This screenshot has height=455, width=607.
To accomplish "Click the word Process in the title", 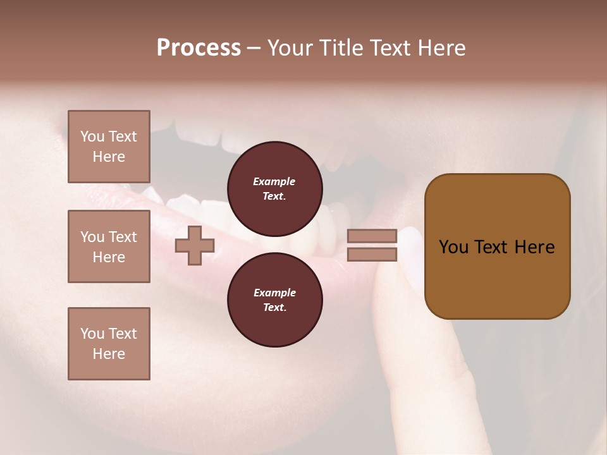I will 199,48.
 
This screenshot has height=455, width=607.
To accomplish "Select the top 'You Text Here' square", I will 109,147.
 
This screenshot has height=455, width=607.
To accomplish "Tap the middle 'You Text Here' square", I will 109,246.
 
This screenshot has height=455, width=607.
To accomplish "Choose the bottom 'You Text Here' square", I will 109,344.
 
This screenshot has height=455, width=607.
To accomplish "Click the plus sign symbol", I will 195,246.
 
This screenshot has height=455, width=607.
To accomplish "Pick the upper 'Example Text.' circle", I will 274,189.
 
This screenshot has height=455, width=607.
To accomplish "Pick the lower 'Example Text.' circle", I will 274,300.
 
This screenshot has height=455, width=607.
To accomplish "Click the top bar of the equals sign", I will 372,236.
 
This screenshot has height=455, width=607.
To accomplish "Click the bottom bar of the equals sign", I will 372,255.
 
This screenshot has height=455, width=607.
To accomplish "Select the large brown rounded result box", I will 497,246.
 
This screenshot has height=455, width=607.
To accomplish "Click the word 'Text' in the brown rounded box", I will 492,247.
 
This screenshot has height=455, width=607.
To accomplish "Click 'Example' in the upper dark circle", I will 274,181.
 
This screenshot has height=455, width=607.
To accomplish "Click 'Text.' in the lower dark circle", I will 274,308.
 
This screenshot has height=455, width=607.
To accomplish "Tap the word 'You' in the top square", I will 92,136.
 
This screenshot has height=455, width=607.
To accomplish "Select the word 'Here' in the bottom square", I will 109,354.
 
